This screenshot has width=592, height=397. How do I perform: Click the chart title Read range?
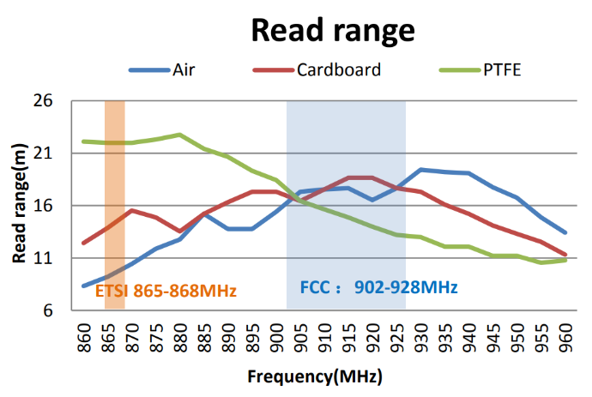point(332,30)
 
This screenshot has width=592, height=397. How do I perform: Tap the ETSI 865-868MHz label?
point(166,290)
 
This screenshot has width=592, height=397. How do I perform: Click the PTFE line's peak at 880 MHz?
point(179,135)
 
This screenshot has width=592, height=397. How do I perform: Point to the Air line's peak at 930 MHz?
point(420,170)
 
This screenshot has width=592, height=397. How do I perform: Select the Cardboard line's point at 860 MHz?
point(83,244)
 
